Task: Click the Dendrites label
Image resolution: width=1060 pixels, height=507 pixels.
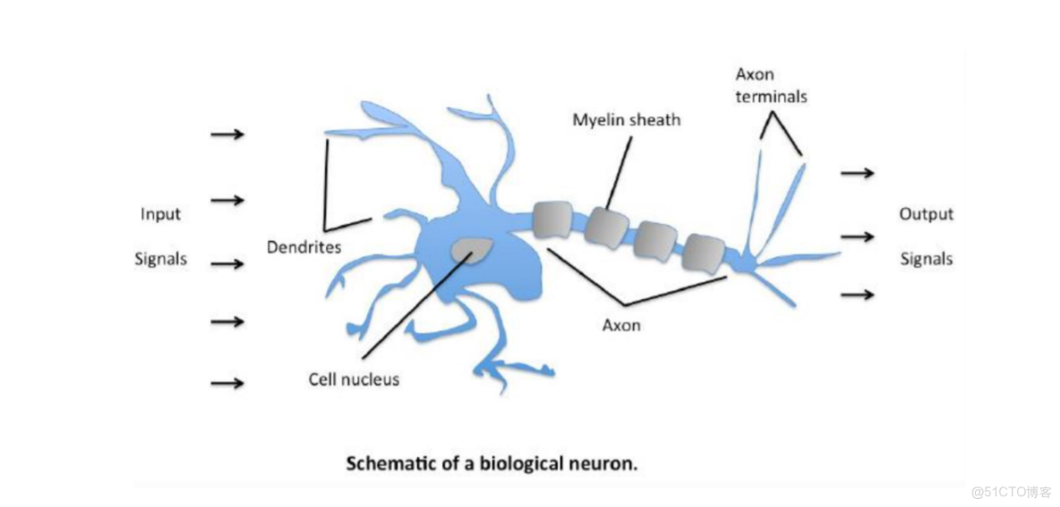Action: pos(303,247)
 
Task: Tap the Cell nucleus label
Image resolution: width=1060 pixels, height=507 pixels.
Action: pos(353,380)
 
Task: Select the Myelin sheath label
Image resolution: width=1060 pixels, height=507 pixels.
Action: pos(626,118)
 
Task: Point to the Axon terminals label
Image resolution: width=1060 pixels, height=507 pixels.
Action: pos(771,84)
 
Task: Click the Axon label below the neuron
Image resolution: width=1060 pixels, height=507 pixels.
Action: pos(621,325)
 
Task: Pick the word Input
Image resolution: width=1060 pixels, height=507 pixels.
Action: pos(160,214)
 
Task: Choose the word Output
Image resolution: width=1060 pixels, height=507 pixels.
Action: pos(926,214)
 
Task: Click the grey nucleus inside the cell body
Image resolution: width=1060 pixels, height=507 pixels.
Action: pos(471,248)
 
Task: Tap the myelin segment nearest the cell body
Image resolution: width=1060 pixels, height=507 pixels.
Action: pos(551,220)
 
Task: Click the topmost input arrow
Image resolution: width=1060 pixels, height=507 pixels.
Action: pos(227,134)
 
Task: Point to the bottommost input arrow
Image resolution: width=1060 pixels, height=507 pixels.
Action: pos(227,383)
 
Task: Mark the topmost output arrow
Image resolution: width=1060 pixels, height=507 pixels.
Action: pos(857,172)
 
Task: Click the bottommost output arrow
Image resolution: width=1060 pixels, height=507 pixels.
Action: pos(857,294)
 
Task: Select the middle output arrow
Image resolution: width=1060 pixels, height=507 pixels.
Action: pos(857,236)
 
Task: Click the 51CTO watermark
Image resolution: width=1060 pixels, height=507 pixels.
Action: pos(1010,490)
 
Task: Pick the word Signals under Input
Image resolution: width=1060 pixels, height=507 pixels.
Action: pos(160,259)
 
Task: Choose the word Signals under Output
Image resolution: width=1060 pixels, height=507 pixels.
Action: pos(926,259)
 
